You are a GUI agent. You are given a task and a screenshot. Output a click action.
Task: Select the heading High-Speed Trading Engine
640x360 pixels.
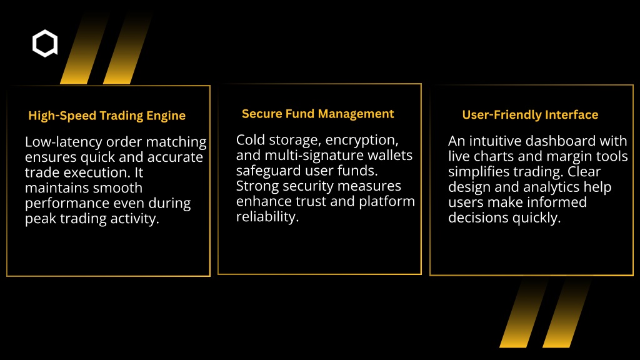tap(107, 116)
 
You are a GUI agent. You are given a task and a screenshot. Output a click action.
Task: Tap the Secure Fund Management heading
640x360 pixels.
tap(318, 114)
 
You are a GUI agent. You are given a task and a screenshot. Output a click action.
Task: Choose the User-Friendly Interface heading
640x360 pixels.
tap(530, 115)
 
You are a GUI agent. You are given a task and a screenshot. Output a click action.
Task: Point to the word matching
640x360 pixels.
tap(176, 142)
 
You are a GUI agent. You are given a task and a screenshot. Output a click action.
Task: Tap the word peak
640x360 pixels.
tap(41, 219)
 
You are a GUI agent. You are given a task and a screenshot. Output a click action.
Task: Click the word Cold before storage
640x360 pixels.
tap(251, 140)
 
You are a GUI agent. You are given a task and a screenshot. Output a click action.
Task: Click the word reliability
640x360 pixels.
tap(267, 217)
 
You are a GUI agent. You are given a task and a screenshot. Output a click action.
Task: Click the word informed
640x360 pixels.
tap(555, 202)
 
